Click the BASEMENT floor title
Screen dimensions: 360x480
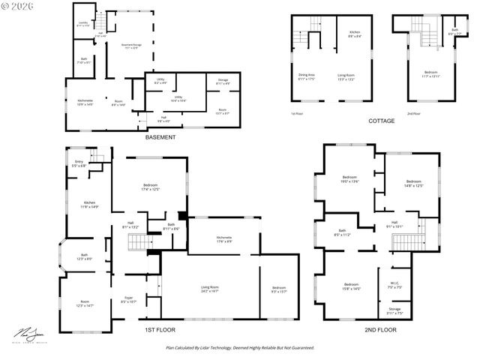pyautogui.click(x=160, y=137)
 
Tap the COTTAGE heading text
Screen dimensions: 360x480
pyautogui.click(x=382, y=120)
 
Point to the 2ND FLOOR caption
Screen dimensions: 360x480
pyautogui.click(x=380, y=329)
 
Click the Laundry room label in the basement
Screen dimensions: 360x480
pyautogui.click(x=83, y=24)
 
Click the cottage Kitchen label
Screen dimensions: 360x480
pyautogui.click(x=354, y=32)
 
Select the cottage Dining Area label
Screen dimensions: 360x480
pyautogui.click(x=307, y=76)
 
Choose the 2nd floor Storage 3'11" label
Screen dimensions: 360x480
pyautogui.click(x=394, y=310)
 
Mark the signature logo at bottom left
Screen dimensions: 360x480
pyautogui.click(x=26, y=334)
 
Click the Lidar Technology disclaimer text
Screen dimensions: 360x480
pyautogui.click(x=240, y=348)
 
